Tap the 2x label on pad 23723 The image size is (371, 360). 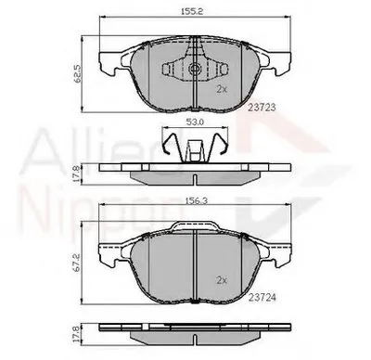[221, 90]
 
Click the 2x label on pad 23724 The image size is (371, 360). [221, 278]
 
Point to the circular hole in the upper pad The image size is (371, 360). [194, 68]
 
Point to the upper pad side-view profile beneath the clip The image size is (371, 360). [193, 173]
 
